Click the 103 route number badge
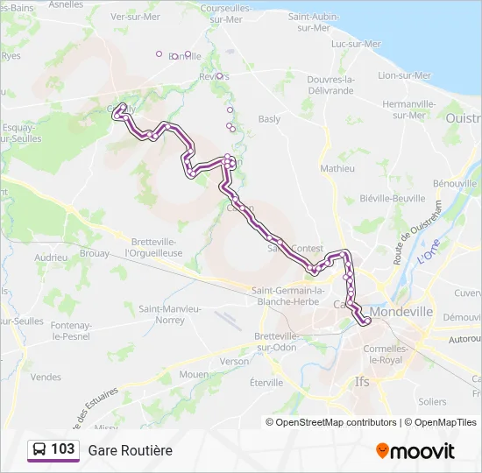53,449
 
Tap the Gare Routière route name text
130,450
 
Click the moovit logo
415,451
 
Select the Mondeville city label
401,311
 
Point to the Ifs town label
361,382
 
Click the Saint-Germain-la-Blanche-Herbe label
288,295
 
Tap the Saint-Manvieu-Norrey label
169,314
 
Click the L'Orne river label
428,257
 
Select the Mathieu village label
337,168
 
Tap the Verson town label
234,361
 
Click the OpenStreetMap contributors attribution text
336,422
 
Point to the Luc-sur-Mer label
357,44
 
